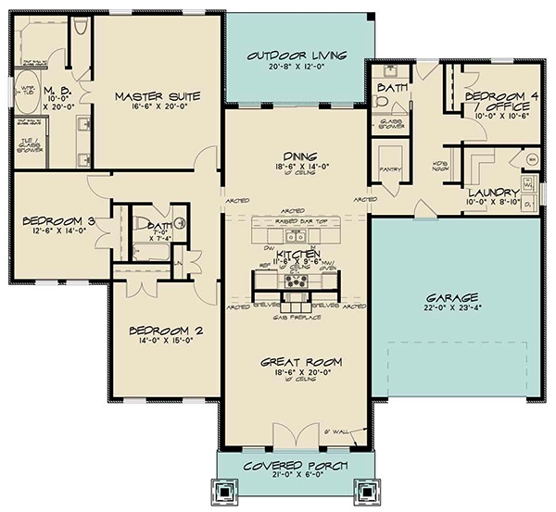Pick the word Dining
point(297,158)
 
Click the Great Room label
point(297,362)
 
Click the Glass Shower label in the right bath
point(385,123)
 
